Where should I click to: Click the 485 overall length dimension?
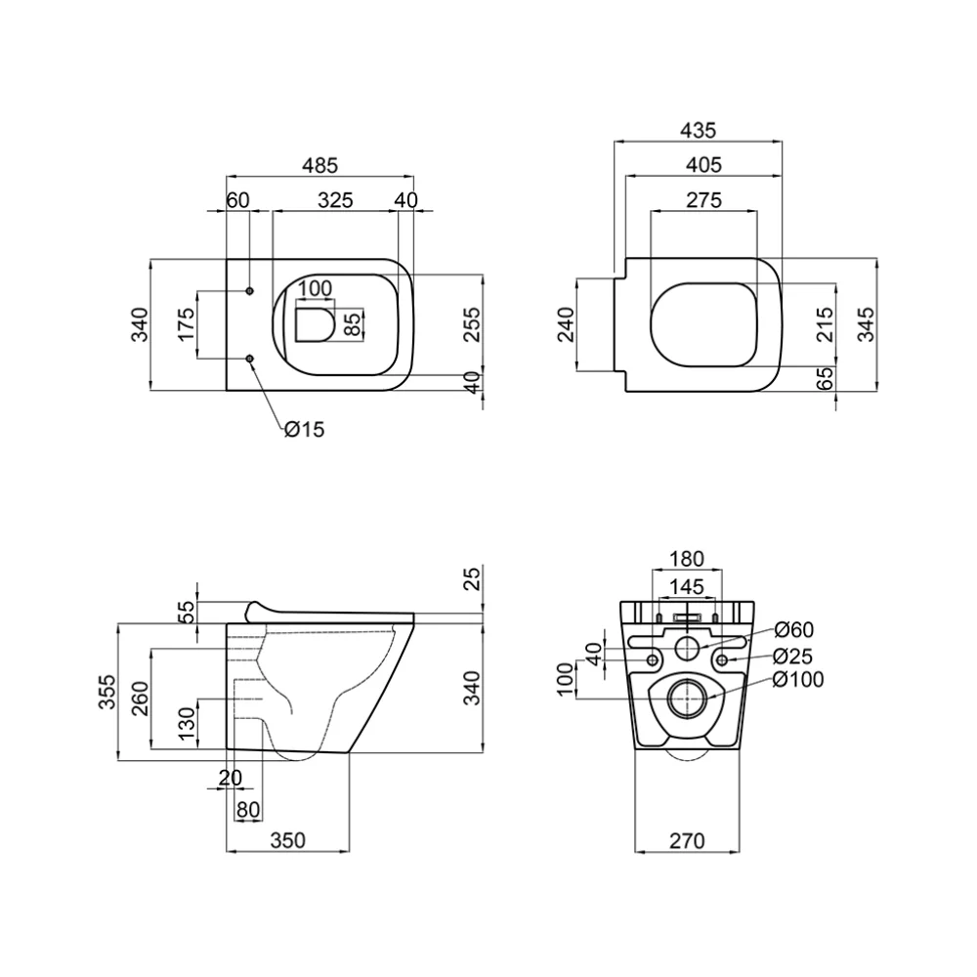(319, 166)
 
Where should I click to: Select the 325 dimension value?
(335, 200)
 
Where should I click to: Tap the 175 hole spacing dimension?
(187, 324)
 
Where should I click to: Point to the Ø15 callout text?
(305, 429)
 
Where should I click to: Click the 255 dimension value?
(473, 324)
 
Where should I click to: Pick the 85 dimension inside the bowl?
(353, 324)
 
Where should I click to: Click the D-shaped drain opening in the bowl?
(316, 324)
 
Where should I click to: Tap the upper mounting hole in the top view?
(250, 291)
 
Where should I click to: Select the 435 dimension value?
(698, 130)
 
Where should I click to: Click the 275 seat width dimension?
(704, 200)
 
